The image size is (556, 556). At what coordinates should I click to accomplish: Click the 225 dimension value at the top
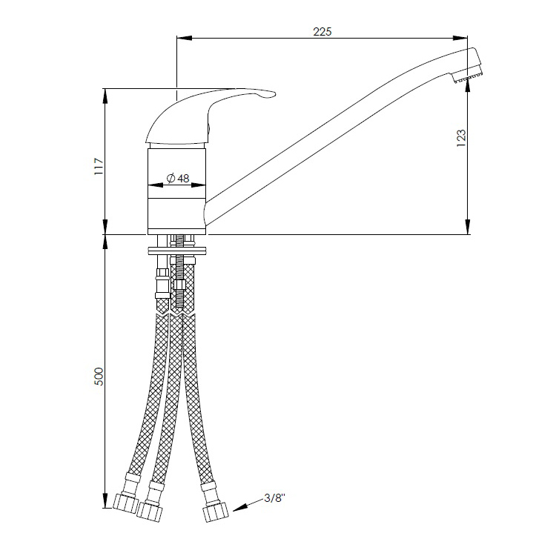[x=322, y=32]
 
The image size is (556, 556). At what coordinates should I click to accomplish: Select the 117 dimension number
[x=98, y=166]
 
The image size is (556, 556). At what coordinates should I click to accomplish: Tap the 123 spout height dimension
[x=461, y=138]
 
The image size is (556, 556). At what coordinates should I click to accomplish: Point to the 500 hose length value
[x=98, y=377]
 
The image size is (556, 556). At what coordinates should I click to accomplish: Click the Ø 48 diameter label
[x=178, y=178]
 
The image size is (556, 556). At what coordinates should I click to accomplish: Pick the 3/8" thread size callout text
[x=274, y=498]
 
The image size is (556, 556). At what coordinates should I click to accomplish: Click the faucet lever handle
[x=209, y=113]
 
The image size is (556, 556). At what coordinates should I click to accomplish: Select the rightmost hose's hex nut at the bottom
[x=215, y=512]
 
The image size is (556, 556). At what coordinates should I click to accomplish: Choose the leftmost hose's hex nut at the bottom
[x=125, y=503]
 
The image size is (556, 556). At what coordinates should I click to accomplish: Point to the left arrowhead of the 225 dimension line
[x=185, y=38]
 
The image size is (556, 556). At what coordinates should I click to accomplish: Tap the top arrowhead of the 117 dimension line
[x=105, y=96]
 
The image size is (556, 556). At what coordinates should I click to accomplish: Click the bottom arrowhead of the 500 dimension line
[x=105, y=500]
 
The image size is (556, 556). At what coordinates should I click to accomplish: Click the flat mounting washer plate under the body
[x=176, y=251]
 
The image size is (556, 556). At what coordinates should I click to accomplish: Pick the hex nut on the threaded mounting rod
[x=180, y=284]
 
